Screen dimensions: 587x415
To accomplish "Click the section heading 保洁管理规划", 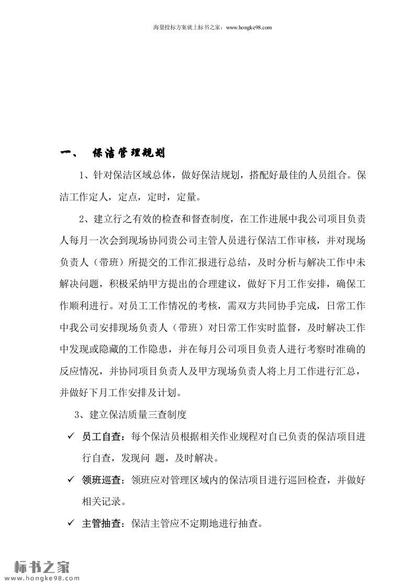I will coord(129,153).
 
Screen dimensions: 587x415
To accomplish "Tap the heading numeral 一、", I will coord(69,153).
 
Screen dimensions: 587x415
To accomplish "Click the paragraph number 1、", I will coord(86,175).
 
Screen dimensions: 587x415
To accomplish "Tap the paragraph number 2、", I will coord(86,217).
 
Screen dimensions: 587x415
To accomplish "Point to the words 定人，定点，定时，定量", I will coord(152,197).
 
